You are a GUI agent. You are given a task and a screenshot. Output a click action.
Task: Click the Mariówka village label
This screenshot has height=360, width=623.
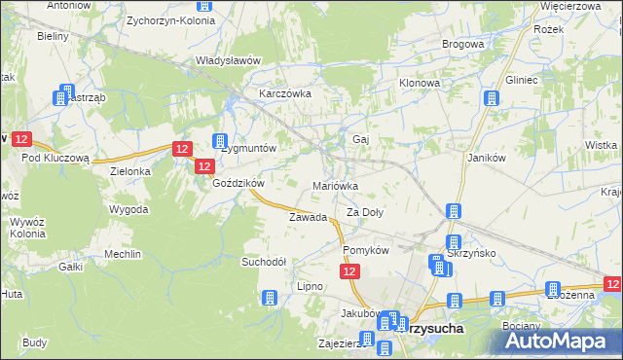[x=336, y=185]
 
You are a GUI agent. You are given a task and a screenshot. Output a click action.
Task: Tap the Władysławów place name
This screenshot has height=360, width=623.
[x=230, y=60]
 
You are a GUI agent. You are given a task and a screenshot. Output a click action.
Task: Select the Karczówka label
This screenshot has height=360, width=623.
[x=284, y=93]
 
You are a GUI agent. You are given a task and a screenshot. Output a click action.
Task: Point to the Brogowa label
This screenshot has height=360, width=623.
[x=463, y=44]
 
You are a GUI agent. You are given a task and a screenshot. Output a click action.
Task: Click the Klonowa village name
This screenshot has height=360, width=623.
[x=420, y=84]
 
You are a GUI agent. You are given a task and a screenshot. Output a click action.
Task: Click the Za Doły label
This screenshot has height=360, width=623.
[x=366, y=211]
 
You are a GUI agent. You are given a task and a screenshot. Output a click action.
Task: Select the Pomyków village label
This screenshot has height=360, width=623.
[x=366, y=250]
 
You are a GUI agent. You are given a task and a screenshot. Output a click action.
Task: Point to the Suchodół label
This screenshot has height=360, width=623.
[x=264, y=262]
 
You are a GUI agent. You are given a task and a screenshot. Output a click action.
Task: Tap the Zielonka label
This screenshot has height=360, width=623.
[x=130, y=171]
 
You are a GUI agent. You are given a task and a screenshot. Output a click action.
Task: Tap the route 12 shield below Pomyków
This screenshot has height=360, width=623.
[x=352, y=276]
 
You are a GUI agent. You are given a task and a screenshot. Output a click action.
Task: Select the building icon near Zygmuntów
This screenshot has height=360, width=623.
[x=221, y=142]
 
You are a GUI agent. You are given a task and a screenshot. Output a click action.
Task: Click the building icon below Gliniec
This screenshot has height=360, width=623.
[x=493, y=99]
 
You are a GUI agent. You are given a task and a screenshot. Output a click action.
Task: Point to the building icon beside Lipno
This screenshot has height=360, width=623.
[x=270, y=298]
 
